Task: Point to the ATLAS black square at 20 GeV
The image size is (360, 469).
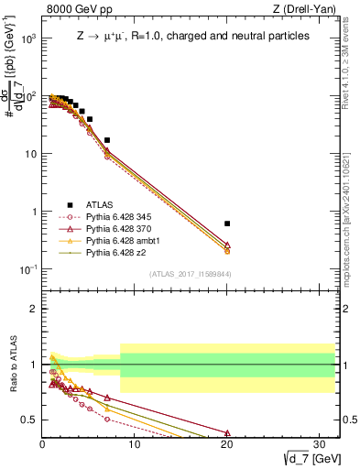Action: tap(227, 224)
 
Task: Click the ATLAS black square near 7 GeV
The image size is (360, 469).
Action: tap(107, 140)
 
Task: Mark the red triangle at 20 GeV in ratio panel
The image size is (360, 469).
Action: tap(227, 433)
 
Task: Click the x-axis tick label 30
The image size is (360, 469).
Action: tap(320, 448)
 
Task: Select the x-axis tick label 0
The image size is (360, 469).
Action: tap(42, 448)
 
